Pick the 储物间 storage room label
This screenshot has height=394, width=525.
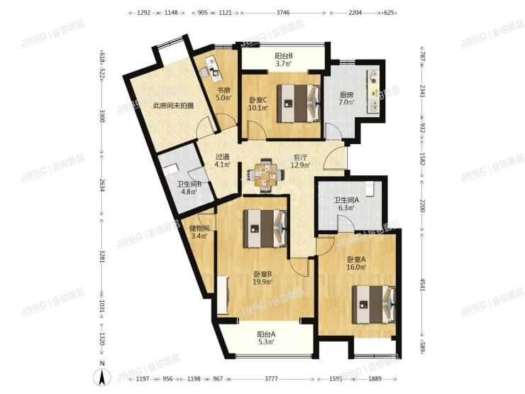199,229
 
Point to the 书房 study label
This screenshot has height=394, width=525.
223,90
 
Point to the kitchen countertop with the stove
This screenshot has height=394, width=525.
374,86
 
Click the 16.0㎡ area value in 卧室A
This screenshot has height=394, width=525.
356,268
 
